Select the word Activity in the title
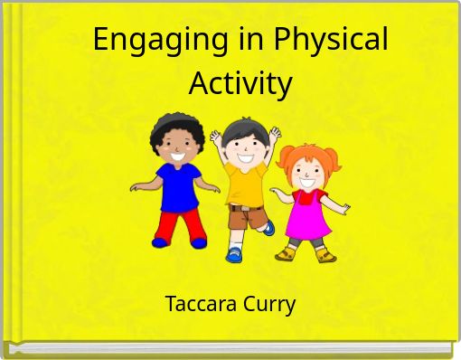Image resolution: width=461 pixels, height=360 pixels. click(x=240, y=84)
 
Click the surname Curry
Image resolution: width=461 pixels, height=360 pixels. click(x=270, y=305)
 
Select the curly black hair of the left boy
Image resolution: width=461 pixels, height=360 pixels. click(x=173, y=127)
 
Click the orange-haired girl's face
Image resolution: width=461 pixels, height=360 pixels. click(x=307, y=173)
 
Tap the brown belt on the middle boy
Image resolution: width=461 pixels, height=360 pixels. click(x=245, y=207)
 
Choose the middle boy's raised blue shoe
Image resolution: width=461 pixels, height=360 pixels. click(x=268, y=228)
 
